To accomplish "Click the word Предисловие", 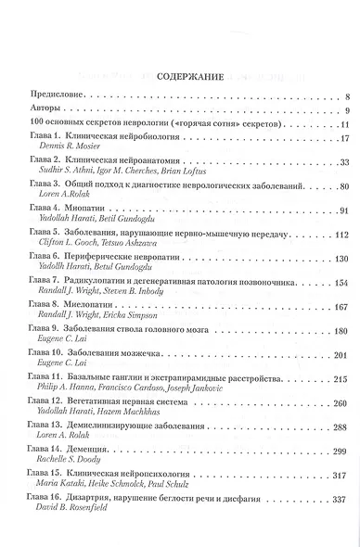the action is pos(58,96).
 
